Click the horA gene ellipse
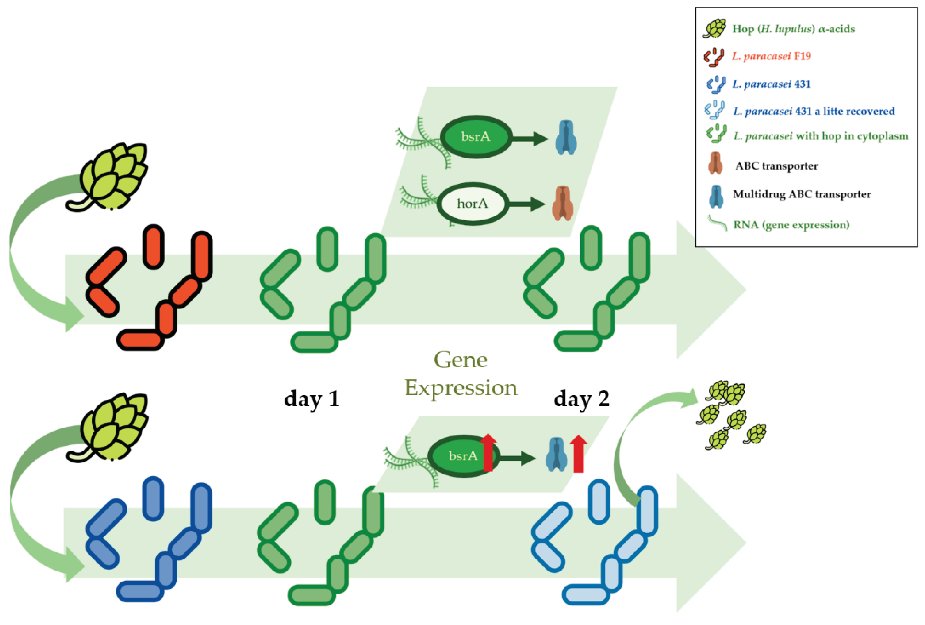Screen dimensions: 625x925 (473, 204)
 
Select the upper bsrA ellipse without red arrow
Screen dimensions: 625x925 (476, 137)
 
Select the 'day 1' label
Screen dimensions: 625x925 (312, 399)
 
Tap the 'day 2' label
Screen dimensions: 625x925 (582, 399)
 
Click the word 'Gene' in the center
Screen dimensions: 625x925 (461, 360)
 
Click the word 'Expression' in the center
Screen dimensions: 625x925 (461, 388)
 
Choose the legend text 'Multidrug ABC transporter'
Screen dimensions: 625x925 (802, 194)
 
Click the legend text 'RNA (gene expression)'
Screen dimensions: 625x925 (791, 225)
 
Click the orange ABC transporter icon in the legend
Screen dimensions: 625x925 (715, 163)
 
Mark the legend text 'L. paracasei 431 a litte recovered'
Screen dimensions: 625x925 (814, 111)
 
